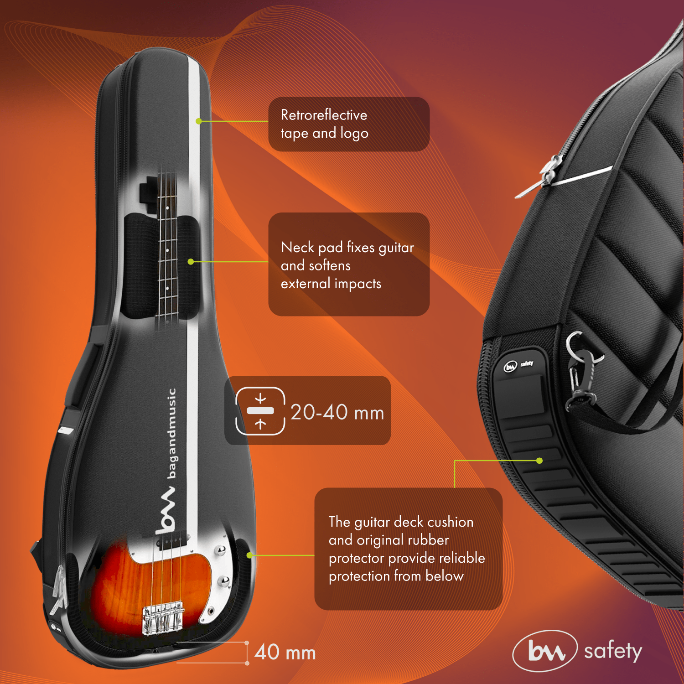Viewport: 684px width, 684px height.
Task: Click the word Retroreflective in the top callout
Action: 324,115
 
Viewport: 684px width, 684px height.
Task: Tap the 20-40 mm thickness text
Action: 337,412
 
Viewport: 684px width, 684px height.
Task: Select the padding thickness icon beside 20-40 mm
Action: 260,411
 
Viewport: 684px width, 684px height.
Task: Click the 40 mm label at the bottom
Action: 285,653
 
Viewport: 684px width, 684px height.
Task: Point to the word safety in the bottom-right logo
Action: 613,651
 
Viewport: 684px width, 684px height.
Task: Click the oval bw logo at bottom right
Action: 545,651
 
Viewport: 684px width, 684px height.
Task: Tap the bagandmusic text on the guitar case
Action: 171,433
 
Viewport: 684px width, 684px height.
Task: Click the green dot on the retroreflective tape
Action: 198,121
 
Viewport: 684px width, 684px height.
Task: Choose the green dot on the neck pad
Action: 191,262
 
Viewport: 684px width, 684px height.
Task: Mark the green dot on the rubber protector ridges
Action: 539,461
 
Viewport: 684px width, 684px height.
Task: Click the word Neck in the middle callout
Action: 298,248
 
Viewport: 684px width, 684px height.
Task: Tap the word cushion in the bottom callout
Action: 450,522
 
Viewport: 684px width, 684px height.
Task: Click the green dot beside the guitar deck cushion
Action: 249,555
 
